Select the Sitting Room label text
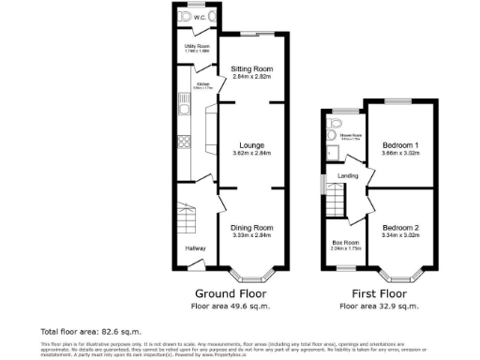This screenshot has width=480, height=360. tap(251, 69)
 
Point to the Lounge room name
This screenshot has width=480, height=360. tap(251, 145)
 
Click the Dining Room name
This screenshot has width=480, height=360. tap(251, 228)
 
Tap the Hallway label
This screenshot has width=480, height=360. tap(195, 248)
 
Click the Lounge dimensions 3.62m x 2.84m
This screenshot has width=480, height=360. tap(251, 154)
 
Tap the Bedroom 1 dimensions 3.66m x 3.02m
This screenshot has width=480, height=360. tap(400, 151)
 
